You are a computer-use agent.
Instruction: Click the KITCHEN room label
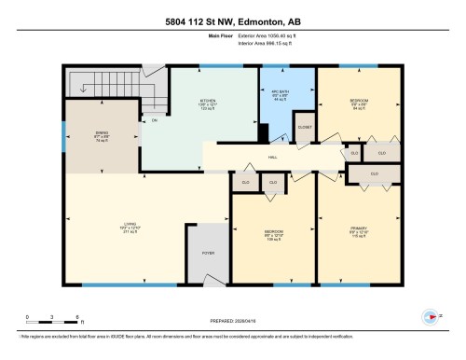click(x=207, y=100)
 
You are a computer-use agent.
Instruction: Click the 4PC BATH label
click(x=280, y=93)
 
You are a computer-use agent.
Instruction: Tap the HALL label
click(x=273, y=158)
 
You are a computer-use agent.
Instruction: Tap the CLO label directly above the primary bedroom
click(x=374, y=174)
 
